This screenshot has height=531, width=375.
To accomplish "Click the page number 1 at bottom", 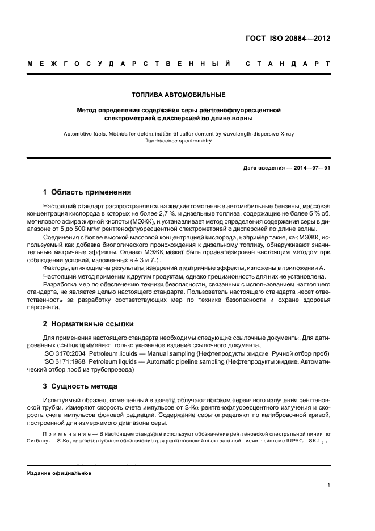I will click(329, 485).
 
